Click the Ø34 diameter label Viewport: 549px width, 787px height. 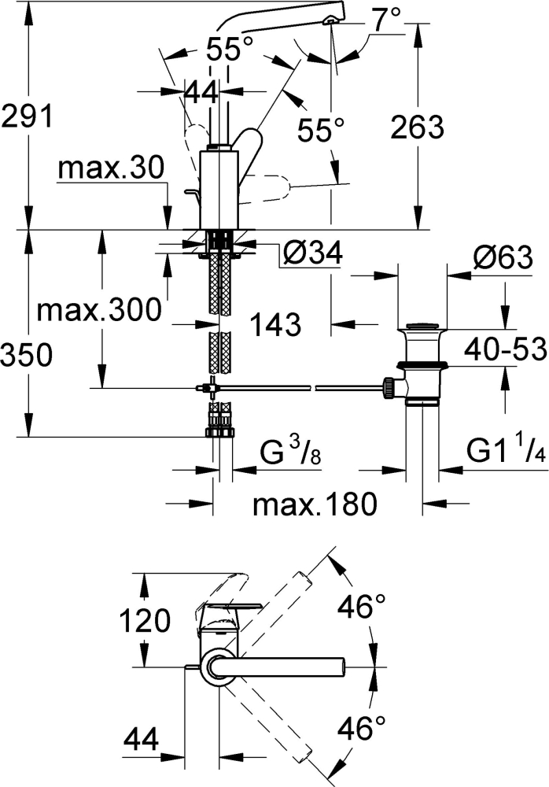(311, 253)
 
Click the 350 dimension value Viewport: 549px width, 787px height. (27, 355)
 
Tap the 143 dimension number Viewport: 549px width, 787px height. (276, 323)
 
